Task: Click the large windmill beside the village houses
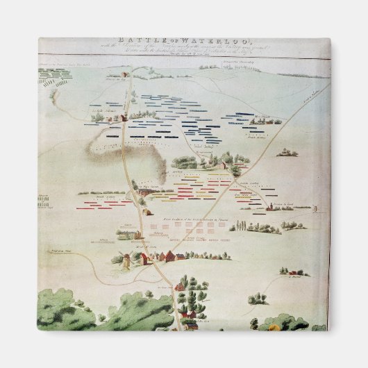point(126,260)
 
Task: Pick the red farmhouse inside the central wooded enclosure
point(220,165)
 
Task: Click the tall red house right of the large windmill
point(144,258)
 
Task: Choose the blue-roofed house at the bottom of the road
point(188,315)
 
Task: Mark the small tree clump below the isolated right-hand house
point(258,299)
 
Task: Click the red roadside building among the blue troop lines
point(123,118)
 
